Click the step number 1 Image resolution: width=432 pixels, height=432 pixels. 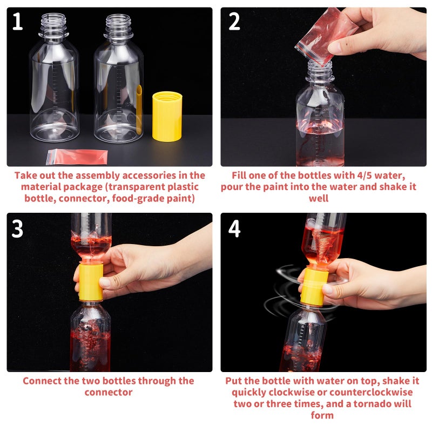(17, 22)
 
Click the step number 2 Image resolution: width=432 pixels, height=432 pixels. (234, 22)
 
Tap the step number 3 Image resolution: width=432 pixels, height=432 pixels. (17, 228)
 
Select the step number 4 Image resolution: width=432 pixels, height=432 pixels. (234, 228)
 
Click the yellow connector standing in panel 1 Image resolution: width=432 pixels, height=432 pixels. (167, 116)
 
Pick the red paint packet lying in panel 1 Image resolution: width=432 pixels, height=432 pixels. (77, 157)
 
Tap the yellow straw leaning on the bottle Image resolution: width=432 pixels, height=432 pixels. (139, 108)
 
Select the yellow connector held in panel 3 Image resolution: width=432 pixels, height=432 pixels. (90, 281)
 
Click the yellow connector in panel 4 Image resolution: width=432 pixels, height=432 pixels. (312, 286)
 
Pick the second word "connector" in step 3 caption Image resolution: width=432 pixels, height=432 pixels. (108, 393)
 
